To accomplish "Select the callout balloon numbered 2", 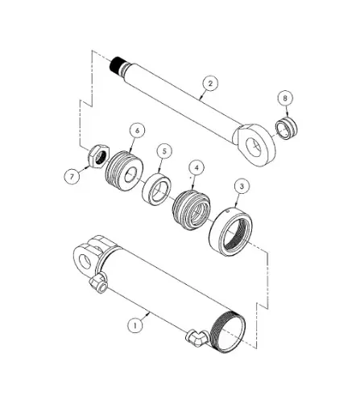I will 209,84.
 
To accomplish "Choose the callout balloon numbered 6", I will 137,130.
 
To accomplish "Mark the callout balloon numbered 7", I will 74,175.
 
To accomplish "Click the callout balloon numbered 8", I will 283,99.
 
